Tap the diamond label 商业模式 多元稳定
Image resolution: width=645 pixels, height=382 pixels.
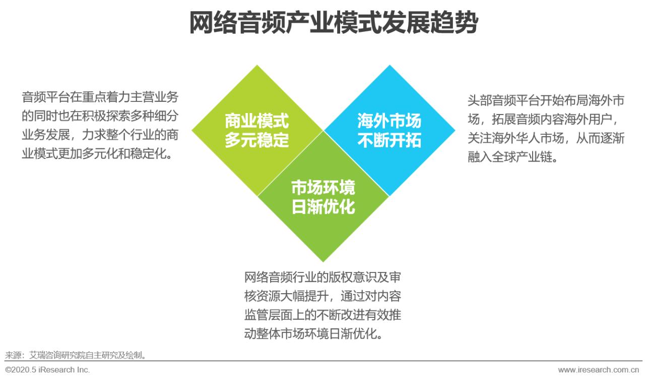[256, 130]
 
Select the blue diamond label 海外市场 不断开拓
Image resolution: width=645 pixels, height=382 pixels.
[389, 130]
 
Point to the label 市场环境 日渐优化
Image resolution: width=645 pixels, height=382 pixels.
[323, 197]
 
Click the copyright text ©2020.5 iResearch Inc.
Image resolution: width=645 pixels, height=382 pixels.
[47, 370]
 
